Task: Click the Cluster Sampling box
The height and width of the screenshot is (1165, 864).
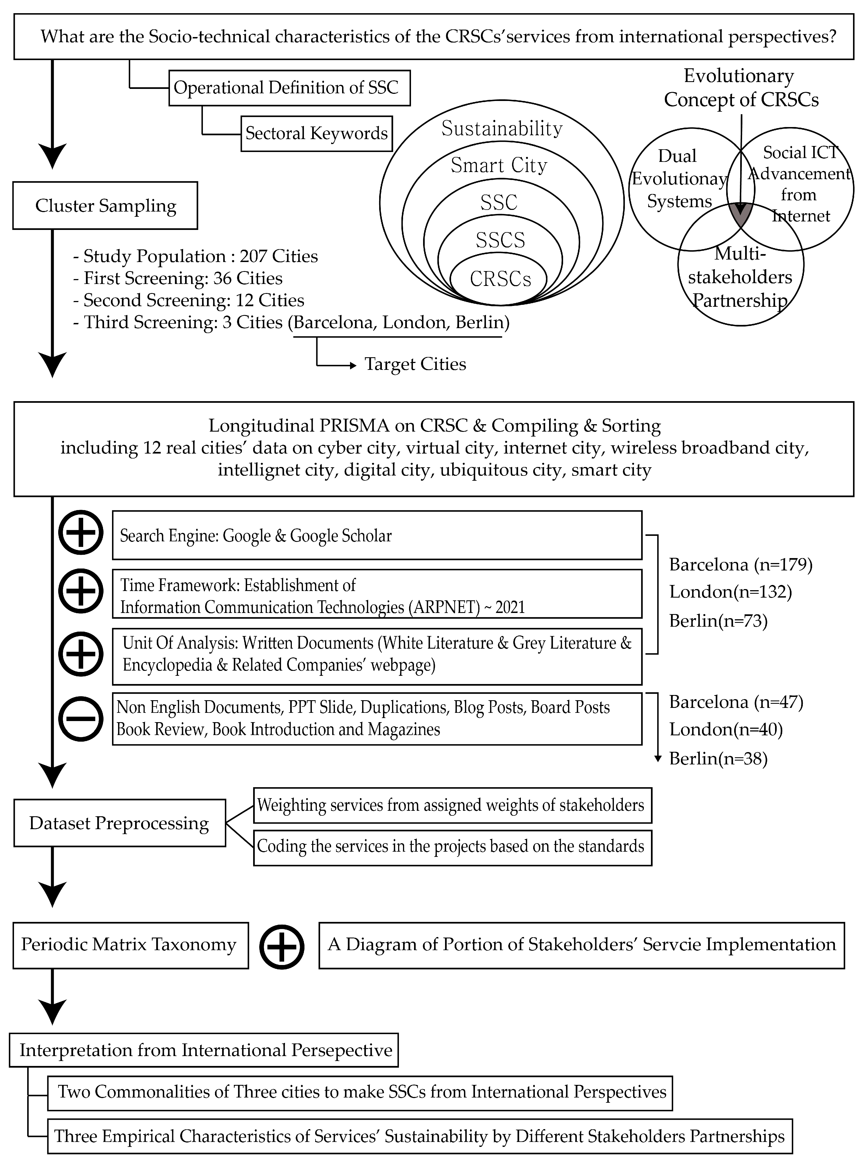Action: coord(105,206)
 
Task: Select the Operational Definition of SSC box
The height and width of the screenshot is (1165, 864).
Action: coord(289,88)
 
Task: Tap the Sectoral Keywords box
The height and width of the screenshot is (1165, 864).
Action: coord(317,133)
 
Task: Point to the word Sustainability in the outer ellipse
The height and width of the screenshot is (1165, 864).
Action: coord(502,128)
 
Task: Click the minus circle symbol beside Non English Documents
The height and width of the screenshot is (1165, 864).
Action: coord(80,718)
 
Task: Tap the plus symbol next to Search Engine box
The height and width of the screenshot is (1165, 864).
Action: coord(80,533)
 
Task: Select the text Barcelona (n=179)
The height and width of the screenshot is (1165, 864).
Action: coord(740,564)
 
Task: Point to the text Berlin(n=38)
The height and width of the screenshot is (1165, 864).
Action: coord(718,758)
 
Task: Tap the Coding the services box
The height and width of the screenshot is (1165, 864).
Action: coord(452,846)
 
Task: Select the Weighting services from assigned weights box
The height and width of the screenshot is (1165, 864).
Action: coord(452,805)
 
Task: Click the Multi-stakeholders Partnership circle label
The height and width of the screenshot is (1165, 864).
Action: coord(740,277)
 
